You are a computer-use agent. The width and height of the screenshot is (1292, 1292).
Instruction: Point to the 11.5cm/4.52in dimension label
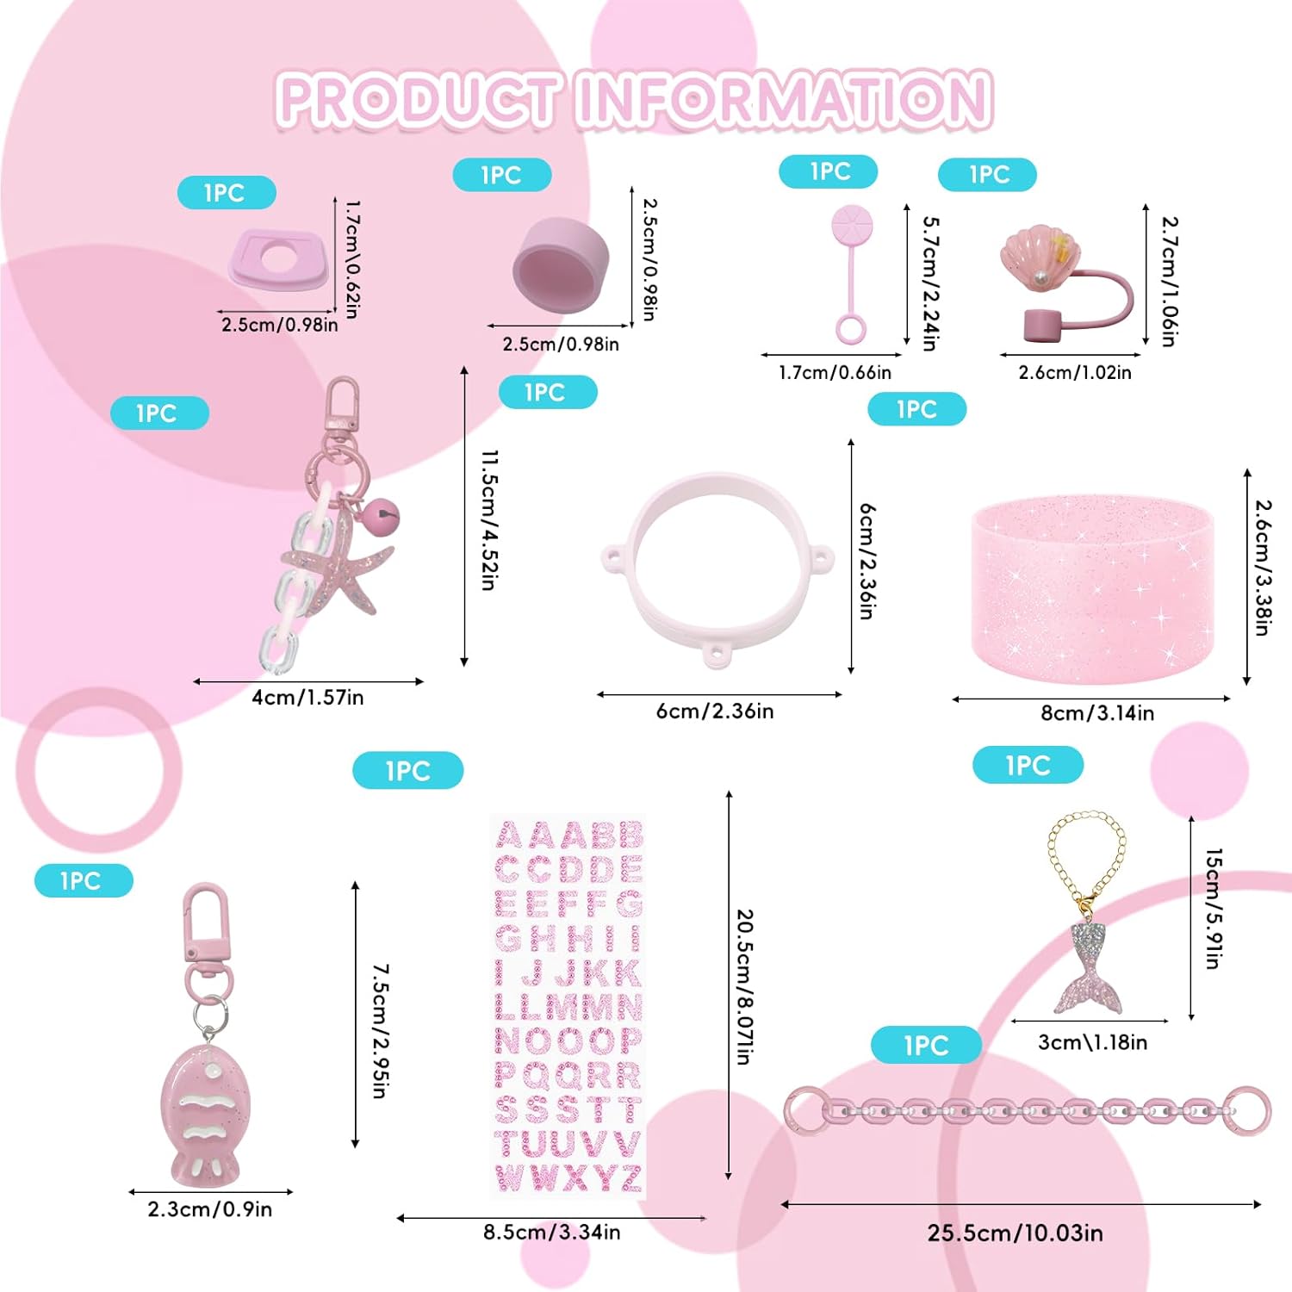pos(489,519)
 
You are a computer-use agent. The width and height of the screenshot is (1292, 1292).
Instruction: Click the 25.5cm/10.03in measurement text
pos(1015,1233)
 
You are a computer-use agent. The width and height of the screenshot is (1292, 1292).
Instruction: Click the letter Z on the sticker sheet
pos(631,1177)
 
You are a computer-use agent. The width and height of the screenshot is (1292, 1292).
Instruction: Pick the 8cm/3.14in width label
pos(1097,713)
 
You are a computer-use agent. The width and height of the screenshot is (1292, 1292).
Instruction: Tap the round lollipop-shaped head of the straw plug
pos(852,225)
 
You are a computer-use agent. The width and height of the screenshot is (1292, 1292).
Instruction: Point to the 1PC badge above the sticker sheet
pos(407,771)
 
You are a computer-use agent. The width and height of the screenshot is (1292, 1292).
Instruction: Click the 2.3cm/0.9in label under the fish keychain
pos(210,1209)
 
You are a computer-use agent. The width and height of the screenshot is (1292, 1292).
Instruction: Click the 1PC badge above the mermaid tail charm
pos(1028,765)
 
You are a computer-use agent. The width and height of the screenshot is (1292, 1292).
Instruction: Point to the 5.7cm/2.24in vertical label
pos(930,283)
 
